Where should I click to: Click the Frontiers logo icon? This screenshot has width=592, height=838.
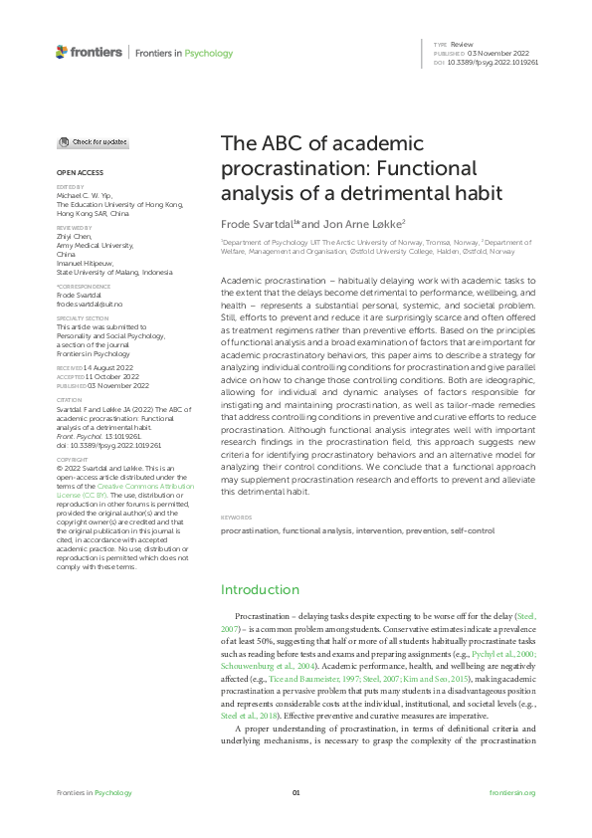coord(62,52)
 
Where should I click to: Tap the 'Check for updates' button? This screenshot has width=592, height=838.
coord(92,142)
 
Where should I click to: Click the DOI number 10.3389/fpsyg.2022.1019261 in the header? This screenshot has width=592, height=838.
coord(495,62)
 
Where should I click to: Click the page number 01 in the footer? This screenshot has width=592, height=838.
coord(296,792)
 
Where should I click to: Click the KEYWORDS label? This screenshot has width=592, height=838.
coord(236,518)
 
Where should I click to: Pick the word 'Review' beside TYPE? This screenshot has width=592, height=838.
coord(461,46)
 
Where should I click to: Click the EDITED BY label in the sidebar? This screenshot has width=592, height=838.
coord(70,186)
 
